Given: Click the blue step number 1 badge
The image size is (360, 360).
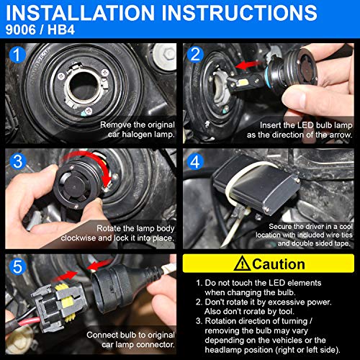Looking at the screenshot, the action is [17, 55].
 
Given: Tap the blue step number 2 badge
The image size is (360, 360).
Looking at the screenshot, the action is [195, 55].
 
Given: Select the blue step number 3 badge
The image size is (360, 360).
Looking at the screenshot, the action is [18, 161].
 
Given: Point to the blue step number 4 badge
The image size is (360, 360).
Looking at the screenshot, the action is [195, 161].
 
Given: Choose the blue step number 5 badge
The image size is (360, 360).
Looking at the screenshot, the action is [17, 266].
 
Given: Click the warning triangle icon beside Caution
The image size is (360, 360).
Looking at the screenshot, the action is [242, 264].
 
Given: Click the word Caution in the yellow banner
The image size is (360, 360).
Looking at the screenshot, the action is [279, 264].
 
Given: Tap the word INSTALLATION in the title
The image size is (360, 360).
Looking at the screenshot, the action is [80, 12].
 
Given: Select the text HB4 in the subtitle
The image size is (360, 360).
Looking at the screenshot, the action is [61, 30].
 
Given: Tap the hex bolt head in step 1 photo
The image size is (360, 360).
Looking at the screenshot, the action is [168, 54].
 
